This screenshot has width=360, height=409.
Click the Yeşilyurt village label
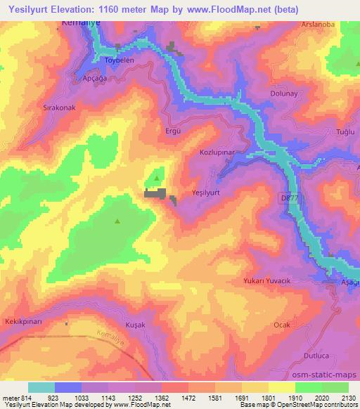205,191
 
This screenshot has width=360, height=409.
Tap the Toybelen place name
119,60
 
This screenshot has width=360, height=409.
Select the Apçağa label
96,78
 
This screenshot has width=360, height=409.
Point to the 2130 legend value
347,398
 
